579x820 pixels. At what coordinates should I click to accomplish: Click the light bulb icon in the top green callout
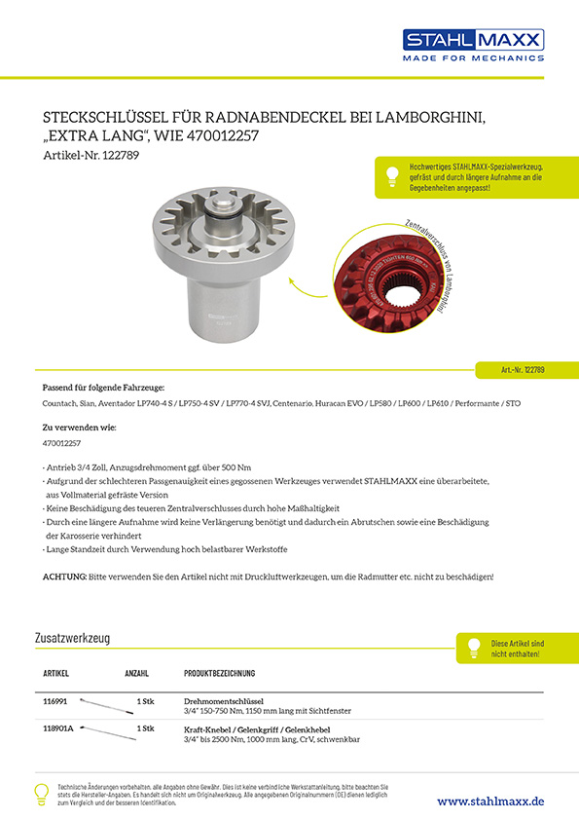coord(391,176)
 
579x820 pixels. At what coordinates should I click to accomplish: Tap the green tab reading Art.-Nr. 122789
coord(523,370)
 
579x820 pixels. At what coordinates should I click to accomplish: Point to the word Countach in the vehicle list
coord(60,402)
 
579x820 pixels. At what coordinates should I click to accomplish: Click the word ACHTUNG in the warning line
coord(65,577)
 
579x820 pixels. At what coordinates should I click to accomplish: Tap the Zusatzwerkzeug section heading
coord(71,638)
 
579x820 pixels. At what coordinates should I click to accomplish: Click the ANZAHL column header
coord(136,673)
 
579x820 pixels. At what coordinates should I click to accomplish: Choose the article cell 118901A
coord(59,727)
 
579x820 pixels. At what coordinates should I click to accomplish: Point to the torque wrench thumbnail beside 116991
coord(106,701)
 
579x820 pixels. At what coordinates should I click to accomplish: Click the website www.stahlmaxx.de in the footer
coord(490,801)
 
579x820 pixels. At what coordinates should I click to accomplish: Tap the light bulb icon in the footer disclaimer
coord(42,793)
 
